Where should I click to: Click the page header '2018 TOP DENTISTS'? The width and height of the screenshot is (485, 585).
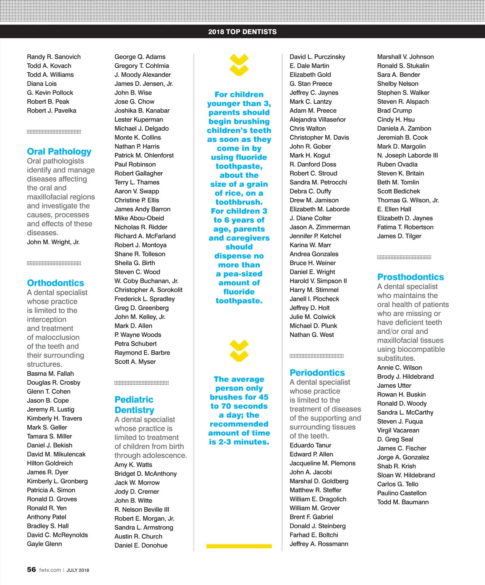(242, 32)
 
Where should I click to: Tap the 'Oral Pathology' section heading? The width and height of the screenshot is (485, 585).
(59, 152)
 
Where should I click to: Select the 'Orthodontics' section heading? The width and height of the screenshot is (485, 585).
(55, 283)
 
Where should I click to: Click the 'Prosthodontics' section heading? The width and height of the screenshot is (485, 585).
(410, 277)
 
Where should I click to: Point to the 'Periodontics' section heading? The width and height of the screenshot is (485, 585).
(317, 373)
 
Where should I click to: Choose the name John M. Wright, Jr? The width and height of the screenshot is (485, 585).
(53, 242)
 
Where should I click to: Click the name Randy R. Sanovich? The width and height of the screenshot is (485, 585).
(54, 57)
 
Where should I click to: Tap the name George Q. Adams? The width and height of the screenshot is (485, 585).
(140, 57)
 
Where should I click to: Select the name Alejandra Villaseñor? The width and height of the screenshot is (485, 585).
(318, 119)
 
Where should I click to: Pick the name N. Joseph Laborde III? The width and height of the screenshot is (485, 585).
(407, 155)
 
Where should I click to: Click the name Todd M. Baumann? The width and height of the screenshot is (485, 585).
(403, 502)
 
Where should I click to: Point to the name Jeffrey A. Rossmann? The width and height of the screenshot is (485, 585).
(318, 544)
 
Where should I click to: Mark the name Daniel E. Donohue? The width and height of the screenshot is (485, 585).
(141, 545)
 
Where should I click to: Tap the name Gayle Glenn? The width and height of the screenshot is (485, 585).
(44, 544)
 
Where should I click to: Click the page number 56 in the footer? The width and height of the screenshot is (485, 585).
(32, 570)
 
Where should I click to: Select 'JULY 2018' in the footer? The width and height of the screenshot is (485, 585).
(78, 570)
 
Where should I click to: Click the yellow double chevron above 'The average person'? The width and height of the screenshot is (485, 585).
(239, 351)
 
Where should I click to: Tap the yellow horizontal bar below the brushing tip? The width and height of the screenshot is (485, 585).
(239, 546)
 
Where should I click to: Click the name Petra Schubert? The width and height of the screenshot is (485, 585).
(135, 344)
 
